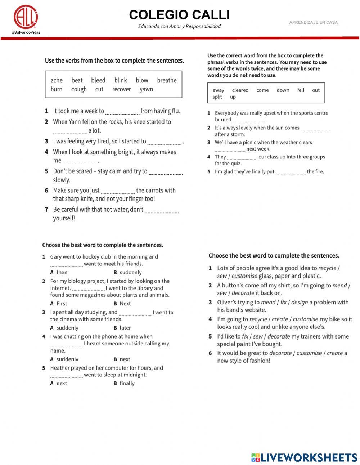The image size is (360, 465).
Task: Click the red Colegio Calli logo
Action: click(26, 16)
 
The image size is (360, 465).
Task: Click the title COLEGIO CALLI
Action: click(179, 15)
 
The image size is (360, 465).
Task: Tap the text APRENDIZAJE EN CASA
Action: click(313, 22)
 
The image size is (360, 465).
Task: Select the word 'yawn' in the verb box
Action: click(146, 89)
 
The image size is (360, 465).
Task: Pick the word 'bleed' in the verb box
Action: click(98, 80)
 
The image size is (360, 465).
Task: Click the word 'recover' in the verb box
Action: click(121, 89)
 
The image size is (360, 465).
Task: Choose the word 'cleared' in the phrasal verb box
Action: click(240, 90)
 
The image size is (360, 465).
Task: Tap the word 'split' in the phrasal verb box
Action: click(217, 97)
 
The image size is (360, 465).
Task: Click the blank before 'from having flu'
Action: click(122, 112)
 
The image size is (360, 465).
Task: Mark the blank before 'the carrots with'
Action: click(118, 191)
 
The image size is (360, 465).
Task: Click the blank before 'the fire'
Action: click(290, 173)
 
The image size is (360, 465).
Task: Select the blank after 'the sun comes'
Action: click(315, 129)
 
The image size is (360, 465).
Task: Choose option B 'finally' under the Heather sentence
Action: click(127, 383)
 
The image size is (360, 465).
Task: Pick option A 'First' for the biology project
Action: click(62, 304)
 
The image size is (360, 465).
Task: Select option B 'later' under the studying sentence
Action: click(125, 328)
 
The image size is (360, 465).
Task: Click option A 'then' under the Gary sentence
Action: click(62, 273)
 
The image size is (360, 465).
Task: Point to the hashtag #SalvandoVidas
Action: click(26, 32)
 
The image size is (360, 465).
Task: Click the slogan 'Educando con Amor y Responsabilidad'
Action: click(179, 26)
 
